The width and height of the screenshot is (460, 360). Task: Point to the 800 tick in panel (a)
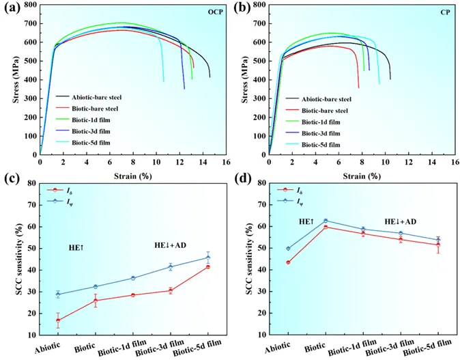[30, 5]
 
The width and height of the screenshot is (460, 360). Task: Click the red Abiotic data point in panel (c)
[58, 320]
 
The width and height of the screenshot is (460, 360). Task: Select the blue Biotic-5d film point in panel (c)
[207, 257]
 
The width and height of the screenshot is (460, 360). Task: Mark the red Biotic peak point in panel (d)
[326, 226]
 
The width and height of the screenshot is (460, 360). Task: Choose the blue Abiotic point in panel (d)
[288, 249]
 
